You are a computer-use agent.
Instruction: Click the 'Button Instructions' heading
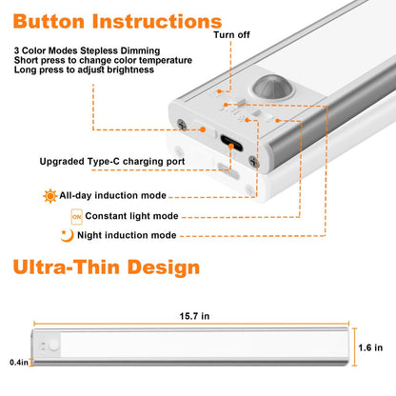[x=117, y=22]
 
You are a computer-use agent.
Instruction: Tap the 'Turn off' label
[x=231, y=34]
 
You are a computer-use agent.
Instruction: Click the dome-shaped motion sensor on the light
[x=269, y=87]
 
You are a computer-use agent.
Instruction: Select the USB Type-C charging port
[x=231, y=143]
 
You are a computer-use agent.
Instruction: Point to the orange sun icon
[x=50, y=196]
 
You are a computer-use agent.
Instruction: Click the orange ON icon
[x=76, y=217]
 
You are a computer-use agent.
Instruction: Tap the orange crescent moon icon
[x=67, y=236]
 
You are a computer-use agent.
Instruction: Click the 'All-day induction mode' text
[x=113, y=195]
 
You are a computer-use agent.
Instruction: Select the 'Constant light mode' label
[x=131, y=216]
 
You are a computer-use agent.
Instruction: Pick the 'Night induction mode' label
[x=127, y=235]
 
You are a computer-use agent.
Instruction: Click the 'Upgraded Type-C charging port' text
[x=112, y=162]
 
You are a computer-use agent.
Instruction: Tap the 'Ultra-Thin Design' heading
[x=107, y=267]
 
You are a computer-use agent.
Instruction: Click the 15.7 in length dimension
[x=194, y=316]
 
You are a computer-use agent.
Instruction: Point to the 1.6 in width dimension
[x=370, y=347]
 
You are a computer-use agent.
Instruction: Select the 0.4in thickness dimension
[x=19, y=362]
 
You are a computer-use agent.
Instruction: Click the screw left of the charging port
[x=182, y=124]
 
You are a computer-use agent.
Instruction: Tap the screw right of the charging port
[x=254, y=162]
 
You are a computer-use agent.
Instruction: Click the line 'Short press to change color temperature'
[x=103, y=60]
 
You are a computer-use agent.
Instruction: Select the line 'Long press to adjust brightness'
[x=84, y=69]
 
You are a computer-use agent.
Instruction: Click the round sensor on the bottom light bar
[x=53, y=346]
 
